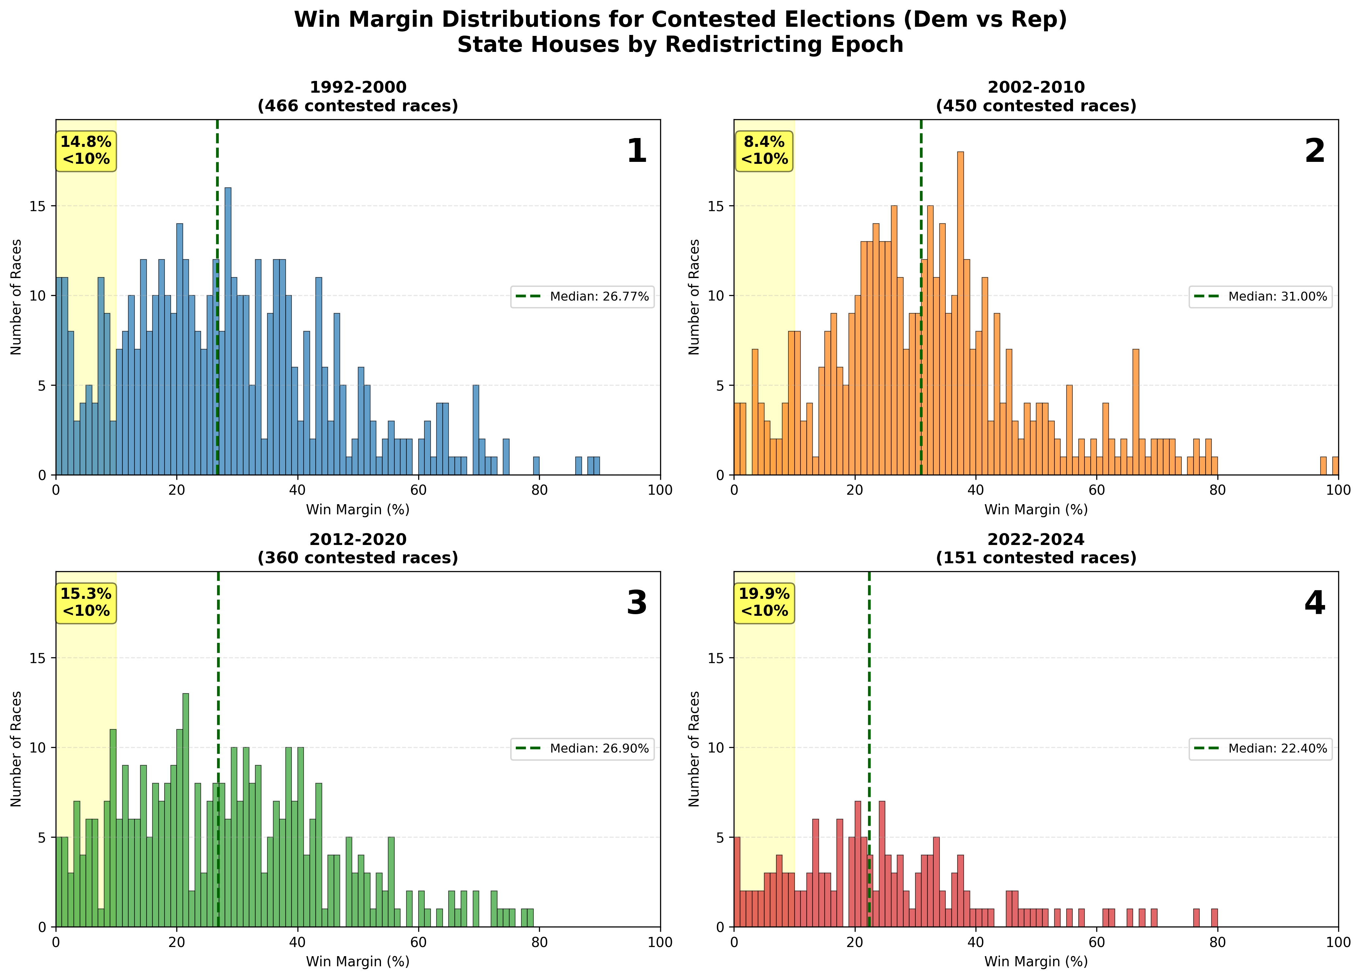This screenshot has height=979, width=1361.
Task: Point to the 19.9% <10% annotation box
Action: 764,602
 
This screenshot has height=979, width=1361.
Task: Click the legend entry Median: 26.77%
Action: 582,296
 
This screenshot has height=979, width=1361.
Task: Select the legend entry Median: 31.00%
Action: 1260,296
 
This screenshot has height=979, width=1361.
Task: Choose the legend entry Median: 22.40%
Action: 1260,748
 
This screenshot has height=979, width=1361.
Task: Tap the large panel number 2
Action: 1315,151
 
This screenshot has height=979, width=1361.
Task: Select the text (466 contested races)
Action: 358,106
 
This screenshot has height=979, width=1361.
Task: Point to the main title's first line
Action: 680,20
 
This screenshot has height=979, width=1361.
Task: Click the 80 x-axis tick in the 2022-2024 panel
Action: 1218,942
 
